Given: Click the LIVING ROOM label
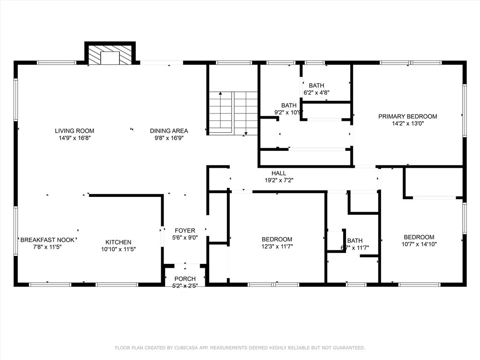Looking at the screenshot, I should pyautogui.click(x=75, y=131).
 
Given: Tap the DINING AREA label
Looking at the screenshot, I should pyautogui.click(x=169, y=131).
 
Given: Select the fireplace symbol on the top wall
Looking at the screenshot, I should pyautogui.click(x=110, y=55).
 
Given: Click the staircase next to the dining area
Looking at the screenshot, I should pyautogui.click(x=233, y=112).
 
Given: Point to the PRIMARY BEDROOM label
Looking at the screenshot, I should pyautogui.click(x=408, y=117).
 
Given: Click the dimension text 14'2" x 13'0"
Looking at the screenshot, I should pyautogui.click(x=408, y=124).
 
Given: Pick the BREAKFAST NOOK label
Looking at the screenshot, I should pyautogui.click(x=47, y=240).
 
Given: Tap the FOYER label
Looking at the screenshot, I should pyautogui.click(x=185, y=231).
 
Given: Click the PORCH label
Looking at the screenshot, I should pyautogui.click(x=185, y=278).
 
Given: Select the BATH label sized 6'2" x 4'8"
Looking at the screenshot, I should pyautogui.click(x=316, y=85).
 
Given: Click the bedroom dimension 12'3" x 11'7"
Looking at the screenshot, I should pyautogui.click(x=277, y=246).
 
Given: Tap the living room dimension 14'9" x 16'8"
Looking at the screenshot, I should pyautogui.click(x=75, y=138).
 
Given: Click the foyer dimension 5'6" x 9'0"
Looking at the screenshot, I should pyautogui.click(x=185, y=238).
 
